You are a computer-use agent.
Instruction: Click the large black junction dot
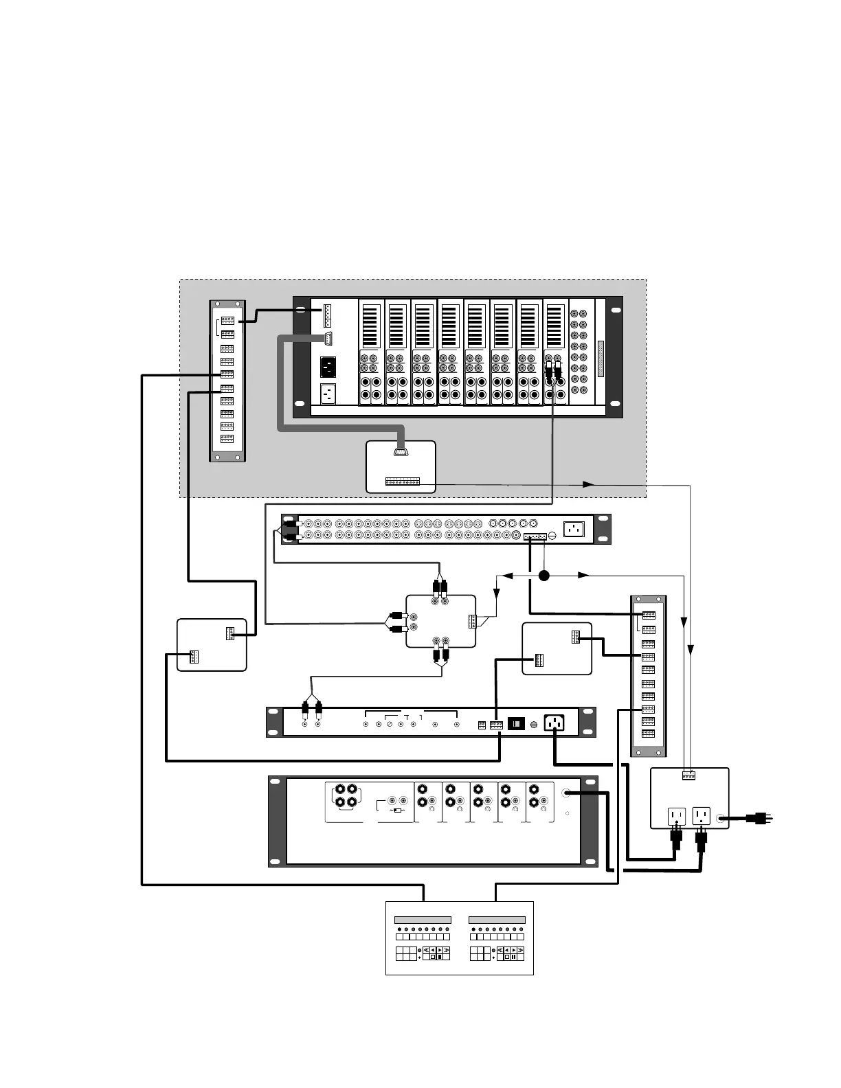pos(543,576)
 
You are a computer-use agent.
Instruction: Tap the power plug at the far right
pos(759,818)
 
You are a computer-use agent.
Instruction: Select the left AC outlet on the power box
pos(676,816)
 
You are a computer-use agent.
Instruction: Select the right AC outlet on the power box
pos(701,816)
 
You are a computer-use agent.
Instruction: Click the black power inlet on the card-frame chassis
pos(328,367)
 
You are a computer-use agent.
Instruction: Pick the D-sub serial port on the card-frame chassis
pos(328,338)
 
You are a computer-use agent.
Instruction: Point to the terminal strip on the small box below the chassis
pos(402,481)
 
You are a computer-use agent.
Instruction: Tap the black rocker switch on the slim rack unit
pos(516,724)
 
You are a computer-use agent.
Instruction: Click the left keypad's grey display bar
pos(423,920)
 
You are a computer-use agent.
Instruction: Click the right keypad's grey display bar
pos(497,920)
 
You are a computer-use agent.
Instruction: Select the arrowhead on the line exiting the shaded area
pos(588,484)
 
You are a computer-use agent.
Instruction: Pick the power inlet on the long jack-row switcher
pos(574,529)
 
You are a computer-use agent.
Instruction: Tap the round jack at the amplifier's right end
pos(566,793)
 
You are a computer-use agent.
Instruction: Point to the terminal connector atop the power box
pos(688,775)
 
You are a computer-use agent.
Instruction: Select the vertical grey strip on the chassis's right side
pos(600,359)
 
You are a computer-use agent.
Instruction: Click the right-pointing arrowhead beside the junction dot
pos(583,575)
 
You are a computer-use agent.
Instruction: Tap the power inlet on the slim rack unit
pos(554,723)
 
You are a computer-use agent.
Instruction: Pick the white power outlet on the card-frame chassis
pos(328,394)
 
